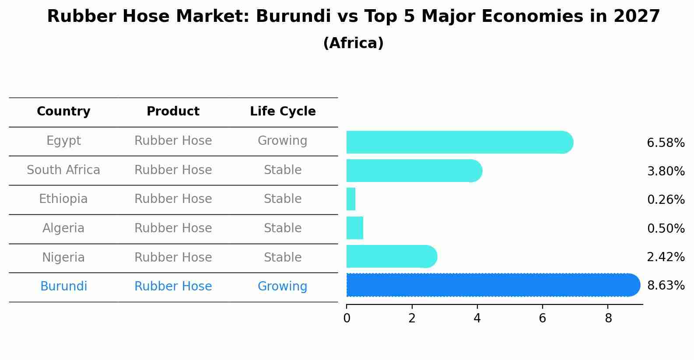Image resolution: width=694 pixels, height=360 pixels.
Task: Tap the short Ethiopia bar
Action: point(351,199)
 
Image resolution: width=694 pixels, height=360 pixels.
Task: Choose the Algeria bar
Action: point(355,228)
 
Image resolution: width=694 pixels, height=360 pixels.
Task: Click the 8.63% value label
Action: point(666,286)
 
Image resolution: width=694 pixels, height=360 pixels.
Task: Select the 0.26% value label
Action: point(666,200)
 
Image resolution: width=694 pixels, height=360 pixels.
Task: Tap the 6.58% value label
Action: point(666,143)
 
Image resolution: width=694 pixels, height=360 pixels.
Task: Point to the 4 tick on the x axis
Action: point(477,318)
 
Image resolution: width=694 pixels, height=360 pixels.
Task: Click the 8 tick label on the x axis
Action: point(608,318)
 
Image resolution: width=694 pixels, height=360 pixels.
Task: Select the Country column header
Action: point(63,112)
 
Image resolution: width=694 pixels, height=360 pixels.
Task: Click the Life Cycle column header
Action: point(283,112)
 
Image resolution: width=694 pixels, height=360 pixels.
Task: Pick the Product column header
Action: point(173,112)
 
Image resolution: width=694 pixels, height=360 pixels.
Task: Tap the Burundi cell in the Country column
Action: point(63,287)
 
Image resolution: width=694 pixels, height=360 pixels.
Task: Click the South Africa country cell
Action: point(63,170)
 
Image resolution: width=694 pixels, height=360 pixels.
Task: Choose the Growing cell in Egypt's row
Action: point(282,141)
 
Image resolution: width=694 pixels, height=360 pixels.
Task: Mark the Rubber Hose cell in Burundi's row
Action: point(173,287)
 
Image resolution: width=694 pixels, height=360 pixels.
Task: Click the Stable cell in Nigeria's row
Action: point(282,257)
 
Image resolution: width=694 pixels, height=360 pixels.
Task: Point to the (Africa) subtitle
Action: point(353,43)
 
